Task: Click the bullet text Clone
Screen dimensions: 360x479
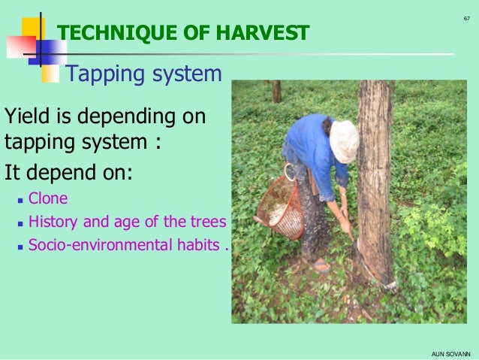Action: click(47, 199)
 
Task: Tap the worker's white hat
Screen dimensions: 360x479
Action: click(344, 140)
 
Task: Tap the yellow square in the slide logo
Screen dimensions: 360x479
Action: click(32, 29)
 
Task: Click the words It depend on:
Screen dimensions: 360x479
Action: click(68, 172)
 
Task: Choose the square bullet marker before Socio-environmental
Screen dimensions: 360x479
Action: click(20, 246)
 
